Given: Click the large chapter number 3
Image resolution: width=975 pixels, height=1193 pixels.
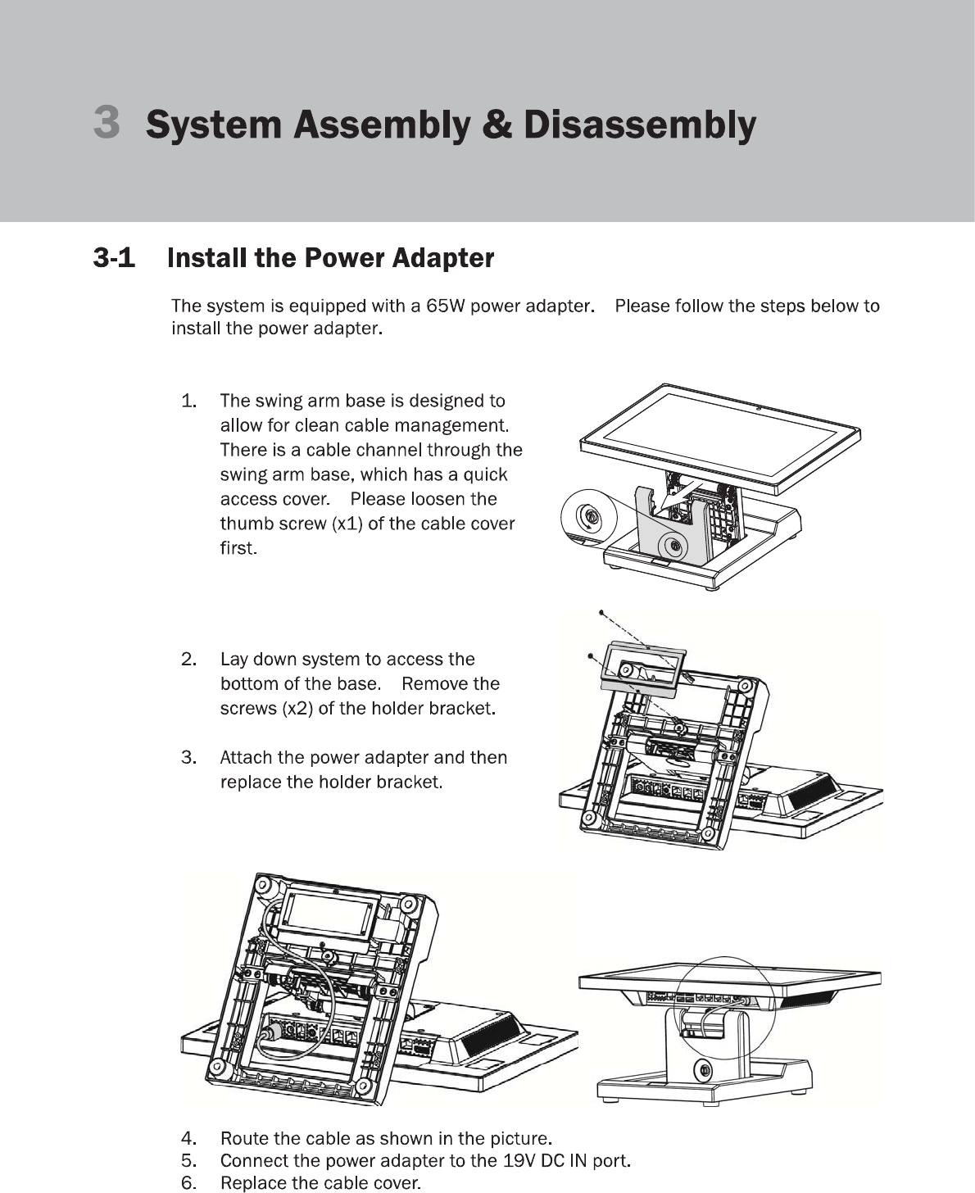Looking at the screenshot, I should pos(107,121).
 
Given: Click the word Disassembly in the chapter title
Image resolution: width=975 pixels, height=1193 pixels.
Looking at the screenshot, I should pos(639,125).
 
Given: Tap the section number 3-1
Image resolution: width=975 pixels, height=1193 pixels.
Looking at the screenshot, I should pos(114,259).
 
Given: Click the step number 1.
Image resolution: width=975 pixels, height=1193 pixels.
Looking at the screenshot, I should pos(188,401).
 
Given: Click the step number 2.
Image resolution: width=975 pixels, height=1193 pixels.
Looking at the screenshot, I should pos(188,660).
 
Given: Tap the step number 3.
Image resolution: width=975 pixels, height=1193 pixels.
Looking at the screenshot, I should pos(188,757).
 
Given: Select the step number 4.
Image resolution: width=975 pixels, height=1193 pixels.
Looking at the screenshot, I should pos(188,1138).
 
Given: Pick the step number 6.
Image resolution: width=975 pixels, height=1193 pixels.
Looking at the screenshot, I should pos(188,1183).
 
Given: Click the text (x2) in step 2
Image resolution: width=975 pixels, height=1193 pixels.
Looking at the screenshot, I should pos(297,708).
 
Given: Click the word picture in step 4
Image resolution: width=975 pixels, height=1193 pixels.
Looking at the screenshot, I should pos(518,1138).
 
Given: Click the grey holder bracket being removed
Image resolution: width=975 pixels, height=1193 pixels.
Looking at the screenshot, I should pos(642,669).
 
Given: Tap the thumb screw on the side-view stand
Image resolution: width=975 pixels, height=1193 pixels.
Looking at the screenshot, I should pos(702,1070).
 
